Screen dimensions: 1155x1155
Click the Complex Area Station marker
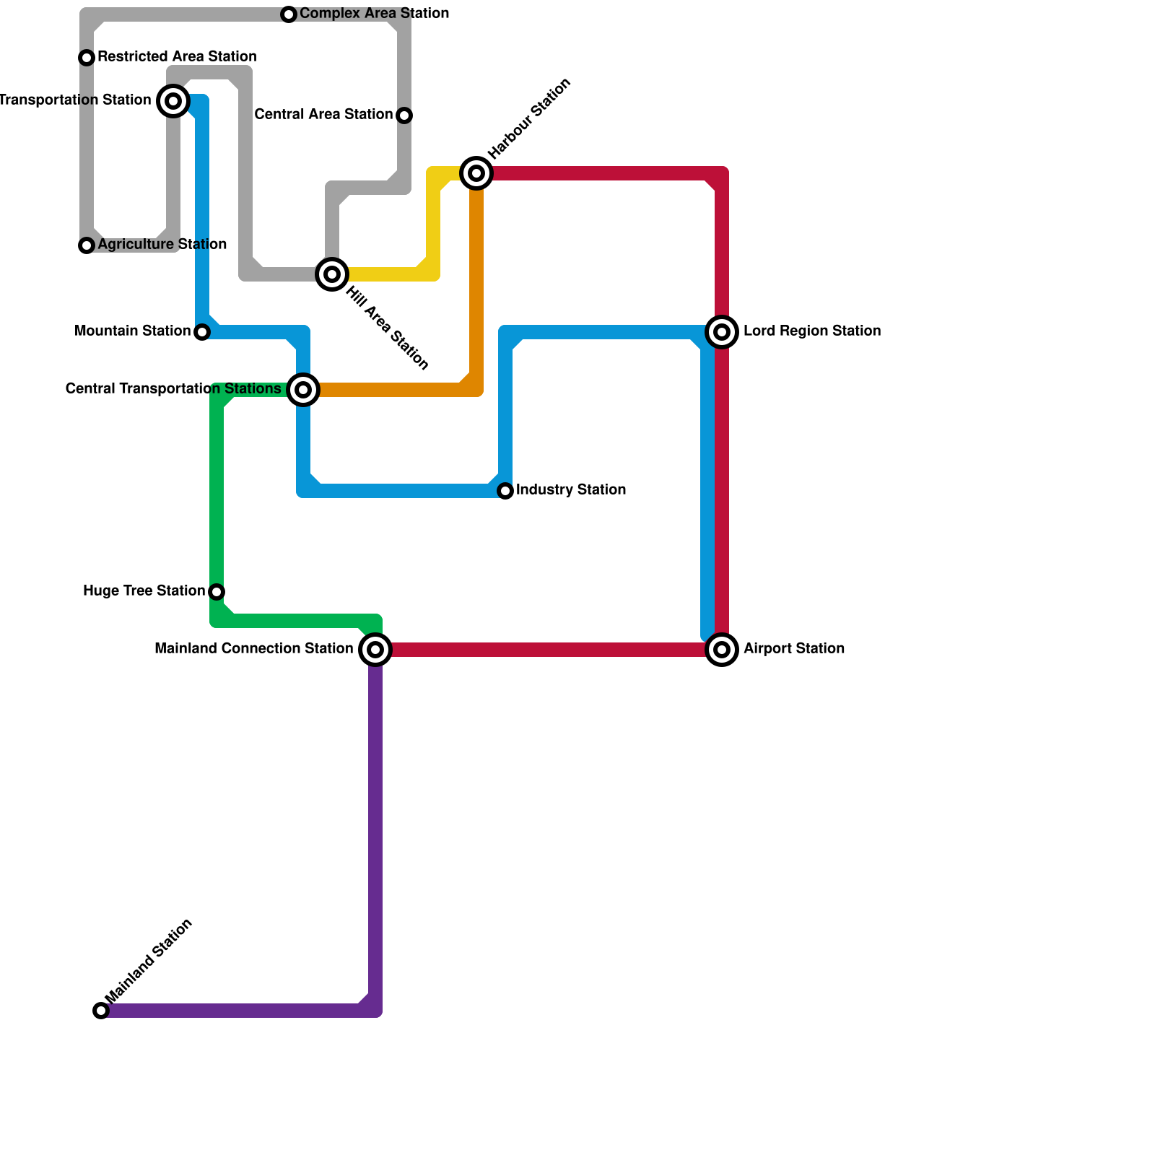[x=289, y=14]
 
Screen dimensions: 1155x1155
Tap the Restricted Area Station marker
[x=87, y=58]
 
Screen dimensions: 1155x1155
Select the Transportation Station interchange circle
[x=173, y=101]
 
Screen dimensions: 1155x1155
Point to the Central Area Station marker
[x=404, y=115]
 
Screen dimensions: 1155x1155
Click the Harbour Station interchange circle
[x=476, y=173]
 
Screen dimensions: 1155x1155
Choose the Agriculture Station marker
[x=87, y=245]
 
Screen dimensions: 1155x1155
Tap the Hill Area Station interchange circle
[x=332, y=274]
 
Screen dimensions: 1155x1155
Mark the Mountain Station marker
[x=202, y=332]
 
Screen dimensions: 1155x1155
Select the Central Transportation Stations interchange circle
[x=304, y=390]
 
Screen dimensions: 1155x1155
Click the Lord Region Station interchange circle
[x=722, y=332]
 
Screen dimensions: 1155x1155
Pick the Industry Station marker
[x=505, y=491]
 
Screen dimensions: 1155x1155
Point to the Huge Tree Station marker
[x=217, y=592]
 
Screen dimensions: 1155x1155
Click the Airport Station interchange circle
[x=722, y=650]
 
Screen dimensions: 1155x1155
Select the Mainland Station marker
[x=101, y=1011]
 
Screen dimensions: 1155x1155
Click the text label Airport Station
[x=793, y=649]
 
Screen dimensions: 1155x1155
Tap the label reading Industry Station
[x=570, y=490]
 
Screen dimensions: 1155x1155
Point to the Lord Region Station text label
[x=811, y=331]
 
